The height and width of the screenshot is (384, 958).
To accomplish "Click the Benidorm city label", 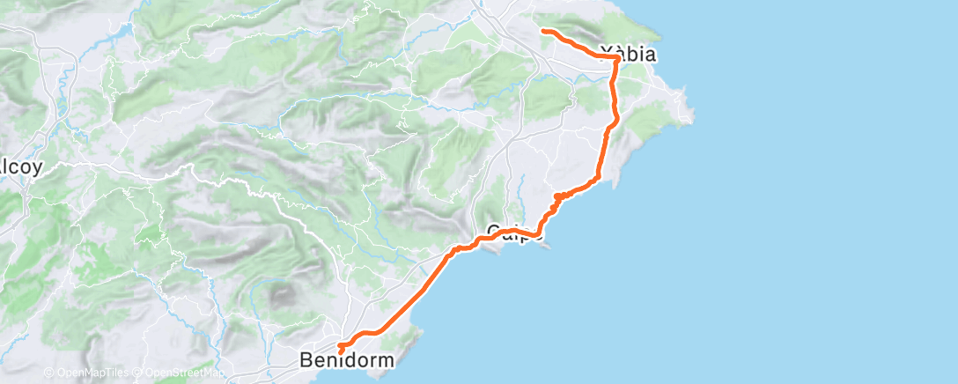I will (x=346, y=360).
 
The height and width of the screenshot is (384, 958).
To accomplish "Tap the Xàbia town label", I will (x=626, y=54).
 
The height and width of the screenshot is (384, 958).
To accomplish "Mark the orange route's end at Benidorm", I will (x=340, y=352).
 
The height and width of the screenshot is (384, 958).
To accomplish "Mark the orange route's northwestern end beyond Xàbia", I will (x=542, y=31).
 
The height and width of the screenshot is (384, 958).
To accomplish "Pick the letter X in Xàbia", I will (x=605, y=54).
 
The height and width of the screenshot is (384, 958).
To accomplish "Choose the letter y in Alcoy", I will (x=37, y=167).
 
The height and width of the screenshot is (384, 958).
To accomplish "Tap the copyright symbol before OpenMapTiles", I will (x=48, y=373).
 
